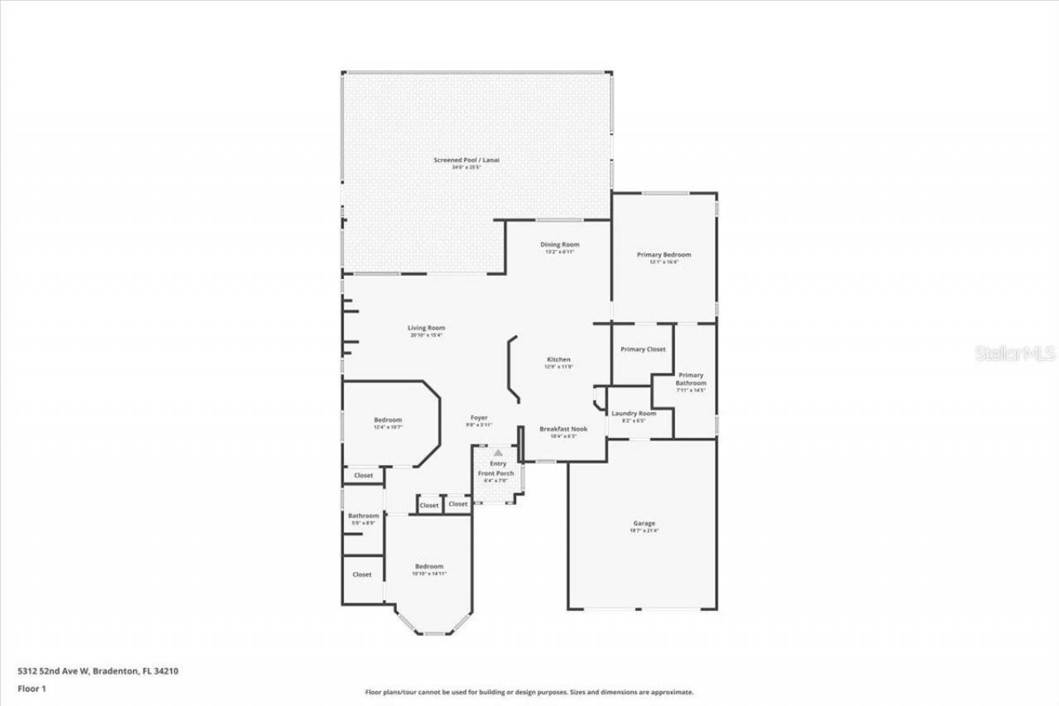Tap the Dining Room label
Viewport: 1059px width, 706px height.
click(x=559, y=244)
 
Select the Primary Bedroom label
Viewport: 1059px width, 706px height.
click(x=664, y=255)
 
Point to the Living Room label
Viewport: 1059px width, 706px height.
click(x=426, y=328)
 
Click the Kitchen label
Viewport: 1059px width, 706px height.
click(x=558, y=359)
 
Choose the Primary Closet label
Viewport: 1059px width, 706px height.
click(x=643, y=349)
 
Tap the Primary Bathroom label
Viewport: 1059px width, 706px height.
click(x=691, y=379)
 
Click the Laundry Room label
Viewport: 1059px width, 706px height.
click(x=633, y=413)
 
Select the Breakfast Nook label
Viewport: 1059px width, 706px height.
click(x=563, y=429)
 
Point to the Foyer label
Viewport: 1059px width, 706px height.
click(x=479, y=418)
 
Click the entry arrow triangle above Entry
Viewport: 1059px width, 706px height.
click(x=498, y=453)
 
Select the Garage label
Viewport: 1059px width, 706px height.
click(x=645, y=523)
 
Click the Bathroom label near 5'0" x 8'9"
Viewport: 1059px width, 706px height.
click(x=363, y=516)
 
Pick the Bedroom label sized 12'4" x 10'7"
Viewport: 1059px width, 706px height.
click(x=387, y=420)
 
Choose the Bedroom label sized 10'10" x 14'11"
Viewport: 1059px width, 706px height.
click(x=429, y=566)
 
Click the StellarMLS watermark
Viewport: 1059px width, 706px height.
click(x=1015, y=353)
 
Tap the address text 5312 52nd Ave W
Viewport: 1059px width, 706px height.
click(x=54, y=671)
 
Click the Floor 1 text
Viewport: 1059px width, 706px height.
click(x=31, y=689)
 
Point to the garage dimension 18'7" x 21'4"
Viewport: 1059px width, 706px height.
click(x=645, y=531)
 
